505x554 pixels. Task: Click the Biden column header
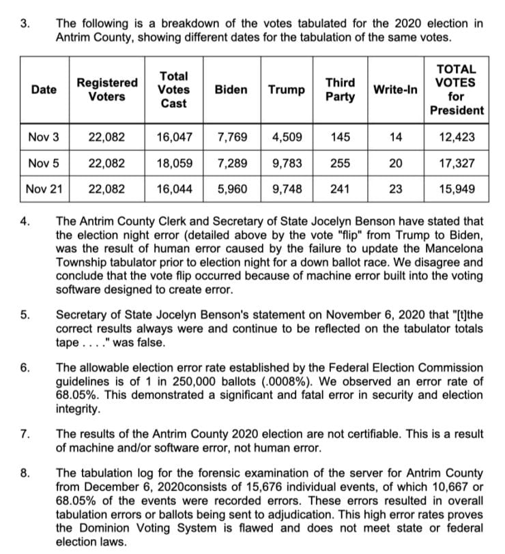click(231, 89)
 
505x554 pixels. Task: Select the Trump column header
click(286, 89)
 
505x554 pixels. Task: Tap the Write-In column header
click(395, 89)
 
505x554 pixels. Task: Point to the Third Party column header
click(340, 89)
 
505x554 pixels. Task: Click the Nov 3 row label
click(44, 136)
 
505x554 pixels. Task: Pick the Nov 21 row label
click(44, 188)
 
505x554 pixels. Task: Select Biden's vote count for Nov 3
click(232, 136)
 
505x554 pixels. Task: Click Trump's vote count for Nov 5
click(287, 163)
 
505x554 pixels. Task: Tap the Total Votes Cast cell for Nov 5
click(174, 163)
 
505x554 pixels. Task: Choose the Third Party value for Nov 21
click(340, 188)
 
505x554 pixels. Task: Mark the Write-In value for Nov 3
click(396, 136)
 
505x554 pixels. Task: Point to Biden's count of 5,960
click(232, 188)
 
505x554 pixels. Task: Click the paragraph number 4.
click(25, 222)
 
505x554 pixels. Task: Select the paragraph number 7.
click(25, 433)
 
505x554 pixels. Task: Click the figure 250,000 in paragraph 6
click(214, 381)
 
